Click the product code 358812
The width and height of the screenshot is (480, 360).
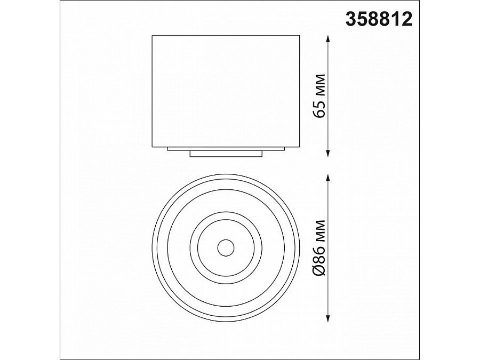(x=379, y=19)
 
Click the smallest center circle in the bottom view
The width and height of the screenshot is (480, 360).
(x=226, y=247)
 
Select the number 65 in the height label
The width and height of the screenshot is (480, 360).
(x=321, y=110)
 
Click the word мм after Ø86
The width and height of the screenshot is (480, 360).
(x=321, y=230)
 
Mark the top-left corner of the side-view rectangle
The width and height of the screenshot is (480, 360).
(x=153, y=36)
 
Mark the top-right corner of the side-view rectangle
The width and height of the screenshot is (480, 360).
(x=300, y=36)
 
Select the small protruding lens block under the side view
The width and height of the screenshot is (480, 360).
(x=226, y=154)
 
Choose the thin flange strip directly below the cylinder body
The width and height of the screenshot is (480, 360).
(x=226, y=149)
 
